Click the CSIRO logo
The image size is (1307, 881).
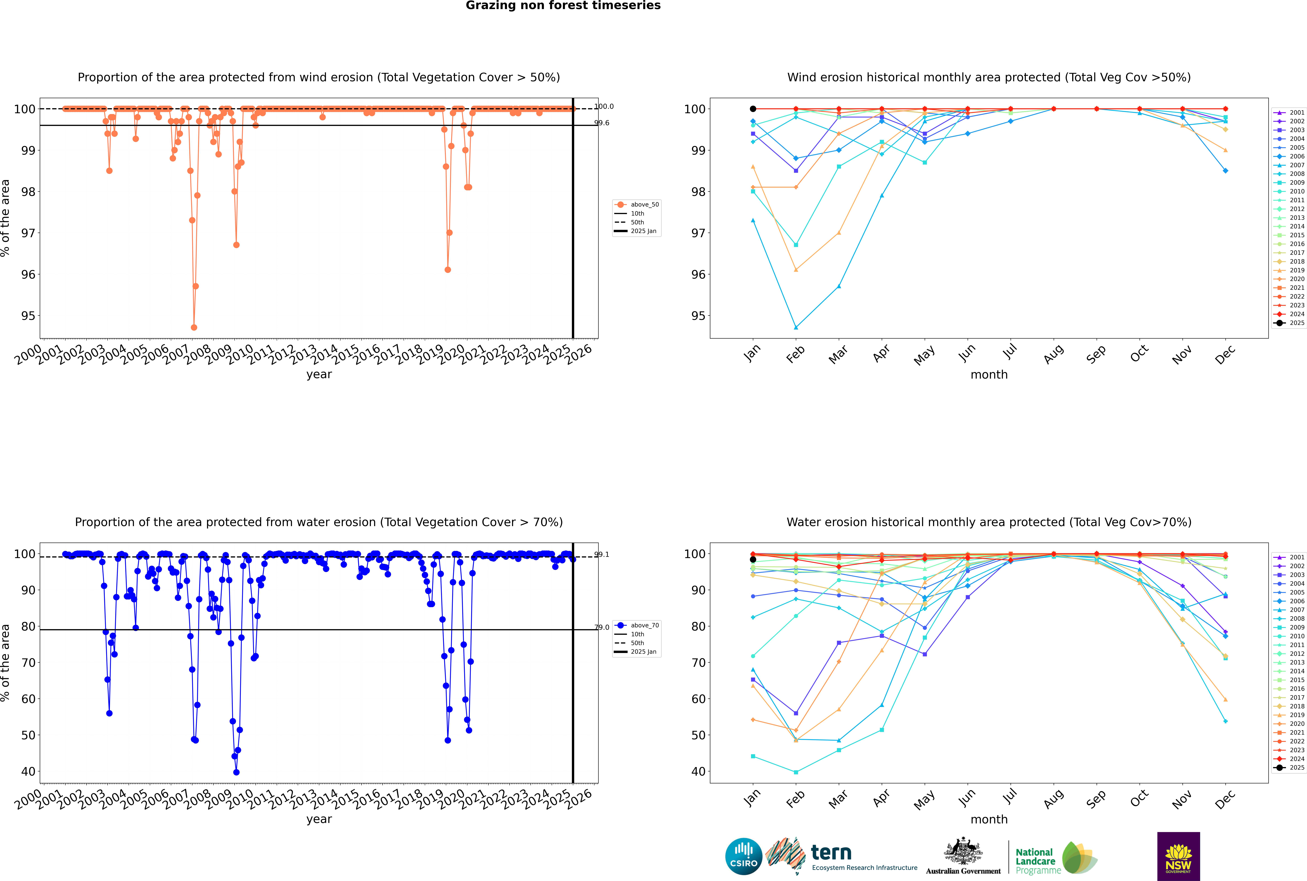(x=743, y=856)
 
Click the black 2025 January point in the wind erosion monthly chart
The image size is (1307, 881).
(x=753, y=109)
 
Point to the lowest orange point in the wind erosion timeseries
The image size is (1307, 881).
(x=194, y=328)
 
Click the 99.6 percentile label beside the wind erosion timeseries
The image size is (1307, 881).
(x=602, y=123)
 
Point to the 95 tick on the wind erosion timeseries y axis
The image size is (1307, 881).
(x=28, y=316)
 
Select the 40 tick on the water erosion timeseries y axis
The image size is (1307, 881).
(x=28, y=771)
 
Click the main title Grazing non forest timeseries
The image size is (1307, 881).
(x=563, y=6)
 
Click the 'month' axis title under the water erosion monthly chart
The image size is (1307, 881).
(x=989, y=819)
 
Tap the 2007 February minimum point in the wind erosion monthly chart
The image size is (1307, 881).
(x=796, y=328)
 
